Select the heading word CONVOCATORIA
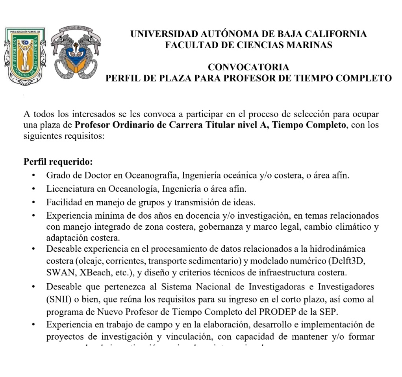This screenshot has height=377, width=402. coord(248,67)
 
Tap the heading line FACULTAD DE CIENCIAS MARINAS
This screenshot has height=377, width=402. coord(248,45)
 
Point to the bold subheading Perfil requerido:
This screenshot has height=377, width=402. coord(58,162)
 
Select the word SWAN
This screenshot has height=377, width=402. coord(59,272)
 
